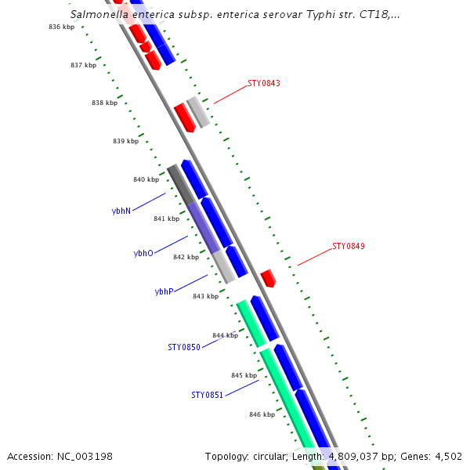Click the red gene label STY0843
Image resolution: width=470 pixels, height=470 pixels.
(x=264, y=83)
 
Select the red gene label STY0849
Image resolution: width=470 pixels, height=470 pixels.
(x=349, y=246)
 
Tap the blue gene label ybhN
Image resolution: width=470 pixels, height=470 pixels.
(x=121, y=211)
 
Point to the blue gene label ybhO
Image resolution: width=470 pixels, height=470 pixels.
(x=143, y=253)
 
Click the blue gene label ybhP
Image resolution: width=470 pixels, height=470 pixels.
(x=164, y=291)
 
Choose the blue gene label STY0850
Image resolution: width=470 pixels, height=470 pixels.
(x=184, y=347)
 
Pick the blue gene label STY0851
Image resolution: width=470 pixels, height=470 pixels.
(x=207, y=395)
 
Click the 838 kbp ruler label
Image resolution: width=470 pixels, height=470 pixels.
(x=105, y=103)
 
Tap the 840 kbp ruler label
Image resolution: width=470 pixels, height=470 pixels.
(x=146, y=179)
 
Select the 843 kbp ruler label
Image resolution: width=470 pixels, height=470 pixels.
(x=205, y=296)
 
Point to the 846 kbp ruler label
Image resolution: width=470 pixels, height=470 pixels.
(x=262, y=414)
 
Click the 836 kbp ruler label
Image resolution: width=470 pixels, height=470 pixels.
(x=61, y=27)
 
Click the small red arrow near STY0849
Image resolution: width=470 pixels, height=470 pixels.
(x=268, y=278)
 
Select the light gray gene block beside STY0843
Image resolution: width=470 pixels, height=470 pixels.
(x=198, y=112)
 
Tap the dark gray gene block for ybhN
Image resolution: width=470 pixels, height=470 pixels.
(x=181, y=185)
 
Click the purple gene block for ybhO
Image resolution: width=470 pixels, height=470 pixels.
(x=204, y=227)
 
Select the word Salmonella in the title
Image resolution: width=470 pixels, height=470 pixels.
(x=99, y=14)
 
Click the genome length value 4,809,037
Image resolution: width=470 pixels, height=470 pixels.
(x=353, y=457)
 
